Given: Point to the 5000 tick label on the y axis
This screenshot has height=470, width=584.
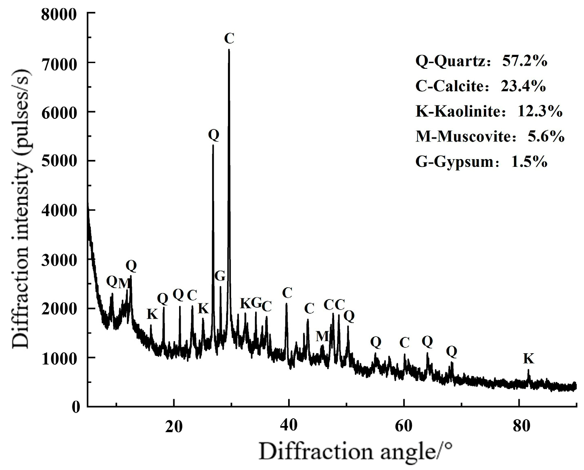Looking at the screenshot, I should pyautogui.click(x=59, y=161).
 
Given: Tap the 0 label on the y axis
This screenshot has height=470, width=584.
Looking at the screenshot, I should pyautogui.click(x=76, y=406).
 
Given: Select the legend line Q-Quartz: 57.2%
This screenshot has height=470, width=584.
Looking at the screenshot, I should pyautogui.click(x=481, y=61).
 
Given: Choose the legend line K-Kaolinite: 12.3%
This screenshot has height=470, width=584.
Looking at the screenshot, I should pyautogui.click(x=489, y=111).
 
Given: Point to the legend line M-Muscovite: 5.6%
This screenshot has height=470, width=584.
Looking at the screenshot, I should pyautogui.click(x=490, y=137).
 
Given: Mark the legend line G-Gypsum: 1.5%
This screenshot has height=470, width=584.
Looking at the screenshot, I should pyautogui.click(x=481, y=162).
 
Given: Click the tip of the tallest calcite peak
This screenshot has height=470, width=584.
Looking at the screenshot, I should pyautogui.click(x=229, y=50).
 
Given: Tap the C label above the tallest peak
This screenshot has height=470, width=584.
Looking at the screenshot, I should pyautogui.click(x=229, y=39).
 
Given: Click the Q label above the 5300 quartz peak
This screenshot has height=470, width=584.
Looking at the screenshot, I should pyautogui.click(x=214, y=135).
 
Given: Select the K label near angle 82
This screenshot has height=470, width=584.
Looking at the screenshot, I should pyautogui.click(x=528, y=359).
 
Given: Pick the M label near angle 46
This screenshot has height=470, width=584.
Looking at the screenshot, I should pyautogui.click(x=322, y=336).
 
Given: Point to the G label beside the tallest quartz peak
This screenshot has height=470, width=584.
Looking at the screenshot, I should pyautogui.click(x=220, y=276).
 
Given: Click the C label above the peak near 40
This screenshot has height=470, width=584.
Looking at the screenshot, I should pyautogui.click(x=287, y=292).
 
